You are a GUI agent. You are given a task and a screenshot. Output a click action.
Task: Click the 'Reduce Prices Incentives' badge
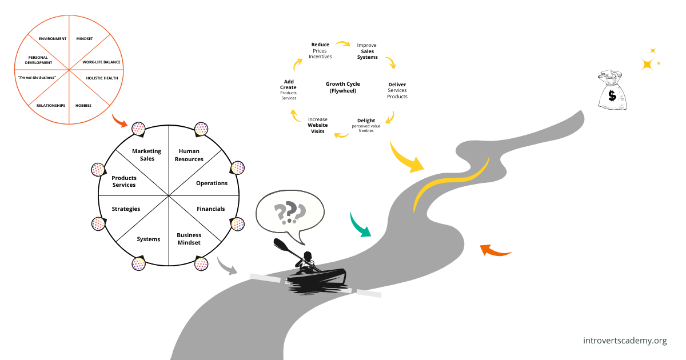coord(320,51)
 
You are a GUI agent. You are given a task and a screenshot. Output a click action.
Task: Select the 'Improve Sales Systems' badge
coord(366,51)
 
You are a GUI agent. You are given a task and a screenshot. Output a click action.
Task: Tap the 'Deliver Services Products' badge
coord(397,90)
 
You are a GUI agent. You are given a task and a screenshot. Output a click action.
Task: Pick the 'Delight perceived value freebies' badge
coord(366,125)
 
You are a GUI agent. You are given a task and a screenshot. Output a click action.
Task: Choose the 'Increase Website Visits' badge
coord(318,125)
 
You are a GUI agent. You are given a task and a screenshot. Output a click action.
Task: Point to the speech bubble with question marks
coord(290,213)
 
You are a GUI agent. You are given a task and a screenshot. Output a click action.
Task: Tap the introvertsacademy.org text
coord(625,341)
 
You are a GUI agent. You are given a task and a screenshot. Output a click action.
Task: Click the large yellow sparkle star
coord(647,64)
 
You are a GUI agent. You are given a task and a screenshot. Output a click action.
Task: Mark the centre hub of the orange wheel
coord(69,70)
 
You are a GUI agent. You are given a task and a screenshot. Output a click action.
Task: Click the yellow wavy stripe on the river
coord(452,183)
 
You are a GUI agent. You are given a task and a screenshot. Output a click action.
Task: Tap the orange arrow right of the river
coord(495,250)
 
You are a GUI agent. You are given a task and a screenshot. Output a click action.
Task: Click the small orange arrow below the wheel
coord(119,121)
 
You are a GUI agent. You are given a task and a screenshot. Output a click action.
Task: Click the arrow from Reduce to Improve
coord(343,43)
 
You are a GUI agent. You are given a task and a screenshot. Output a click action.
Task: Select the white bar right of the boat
coord(369,293)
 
